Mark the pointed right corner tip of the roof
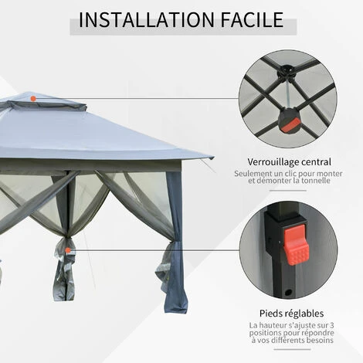210,158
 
